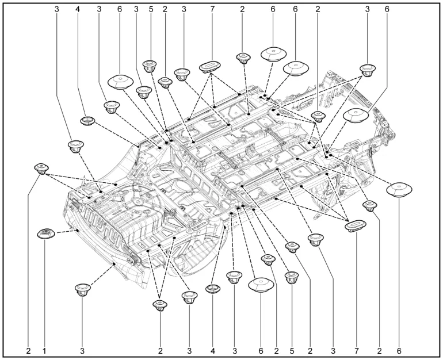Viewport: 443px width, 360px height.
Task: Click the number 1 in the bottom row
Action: point(44,351)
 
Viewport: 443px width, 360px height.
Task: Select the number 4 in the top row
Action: point(78,9)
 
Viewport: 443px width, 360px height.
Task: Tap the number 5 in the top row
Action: point(151,9)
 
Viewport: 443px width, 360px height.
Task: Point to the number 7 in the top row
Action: point(212,9)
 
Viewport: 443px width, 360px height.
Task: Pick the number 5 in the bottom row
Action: point(292,351)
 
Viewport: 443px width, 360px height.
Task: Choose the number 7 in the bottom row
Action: point(357,351)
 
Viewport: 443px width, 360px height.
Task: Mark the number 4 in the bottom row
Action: point(213,351)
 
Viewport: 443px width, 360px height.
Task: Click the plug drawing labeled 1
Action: point(46,234)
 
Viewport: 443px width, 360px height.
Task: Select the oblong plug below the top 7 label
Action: point(209,67)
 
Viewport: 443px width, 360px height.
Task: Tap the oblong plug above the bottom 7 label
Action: point(356,225)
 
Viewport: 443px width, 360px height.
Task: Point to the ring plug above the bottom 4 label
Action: point(213,289)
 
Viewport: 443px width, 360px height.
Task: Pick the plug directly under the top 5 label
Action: point(150,66)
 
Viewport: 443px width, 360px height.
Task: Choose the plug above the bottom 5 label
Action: point(292,277)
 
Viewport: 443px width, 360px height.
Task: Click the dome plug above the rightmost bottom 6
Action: point(399,189)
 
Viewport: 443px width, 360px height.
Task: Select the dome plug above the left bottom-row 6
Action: point(261,284)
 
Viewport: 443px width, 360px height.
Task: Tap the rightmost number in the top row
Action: point(387,9)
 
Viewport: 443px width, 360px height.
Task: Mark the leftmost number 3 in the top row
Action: point(57,9)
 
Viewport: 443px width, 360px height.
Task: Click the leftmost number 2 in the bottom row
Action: point(28,351)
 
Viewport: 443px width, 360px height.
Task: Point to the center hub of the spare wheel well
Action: point(138,201)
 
